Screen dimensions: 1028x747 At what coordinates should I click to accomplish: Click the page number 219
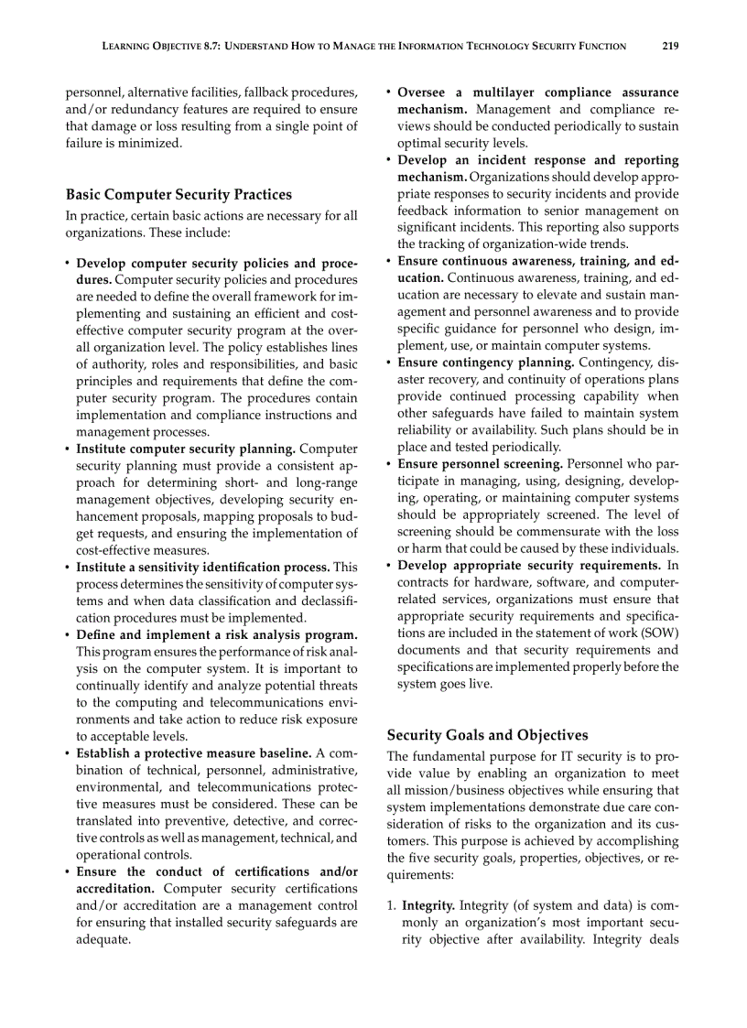670,46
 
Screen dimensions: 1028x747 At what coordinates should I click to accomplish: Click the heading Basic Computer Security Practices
179,194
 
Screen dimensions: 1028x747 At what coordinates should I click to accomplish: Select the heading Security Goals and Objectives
487,735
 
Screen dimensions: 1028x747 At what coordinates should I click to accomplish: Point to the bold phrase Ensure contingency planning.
485,363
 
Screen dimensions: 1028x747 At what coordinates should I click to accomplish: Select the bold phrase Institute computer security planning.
185,449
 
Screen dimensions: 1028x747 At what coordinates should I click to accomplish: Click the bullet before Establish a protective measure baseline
68,753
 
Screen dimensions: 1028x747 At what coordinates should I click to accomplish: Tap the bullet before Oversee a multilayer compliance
389,92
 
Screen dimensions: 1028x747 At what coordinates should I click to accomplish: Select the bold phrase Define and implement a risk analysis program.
216,634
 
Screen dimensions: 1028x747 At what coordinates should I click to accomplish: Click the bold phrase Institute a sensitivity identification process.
203,568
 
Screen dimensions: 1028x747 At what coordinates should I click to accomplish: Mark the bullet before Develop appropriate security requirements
389,566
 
